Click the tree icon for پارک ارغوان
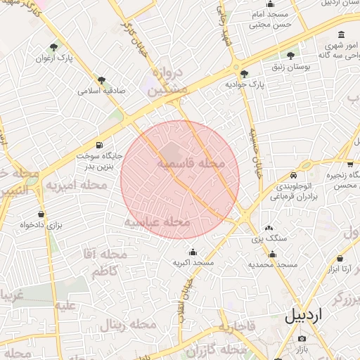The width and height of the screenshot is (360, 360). point(54,47)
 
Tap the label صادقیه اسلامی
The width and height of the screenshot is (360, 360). point(101,91)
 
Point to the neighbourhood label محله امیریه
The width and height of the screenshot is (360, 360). point(77,186)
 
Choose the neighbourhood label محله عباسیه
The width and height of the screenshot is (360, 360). point(157,222)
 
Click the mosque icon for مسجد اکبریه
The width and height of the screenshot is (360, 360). point(193,252)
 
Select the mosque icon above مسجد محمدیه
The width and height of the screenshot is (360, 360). point(273,254)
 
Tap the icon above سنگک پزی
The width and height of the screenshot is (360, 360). point(269,228)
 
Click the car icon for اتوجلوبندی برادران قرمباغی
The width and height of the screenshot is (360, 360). point(293,175)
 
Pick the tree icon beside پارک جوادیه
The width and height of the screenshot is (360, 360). point(244,73)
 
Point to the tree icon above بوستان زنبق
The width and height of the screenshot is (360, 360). point(290,55)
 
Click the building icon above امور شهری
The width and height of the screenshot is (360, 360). point(342,34)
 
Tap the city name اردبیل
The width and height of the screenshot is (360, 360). point(312,315)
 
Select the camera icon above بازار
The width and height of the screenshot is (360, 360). point(302,339)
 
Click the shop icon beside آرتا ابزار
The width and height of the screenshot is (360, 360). point(340,259)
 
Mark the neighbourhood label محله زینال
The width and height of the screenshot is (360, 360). point(127,324)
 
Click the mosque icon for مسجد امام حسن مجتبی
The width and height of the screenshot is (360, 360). point(271,4)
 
